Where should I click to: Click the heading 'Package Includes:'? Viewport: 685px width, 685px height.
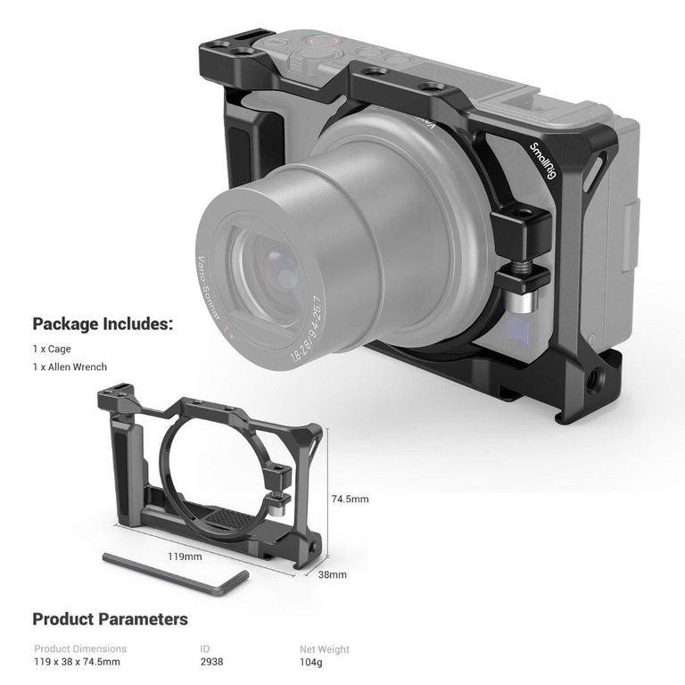click(x=103, y=324)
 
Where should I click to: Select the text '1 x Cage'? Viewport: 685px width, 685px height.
click(x=52, y=349)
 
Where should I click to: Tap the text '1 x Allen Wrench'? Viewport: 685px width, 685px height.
click(x=70, y=367)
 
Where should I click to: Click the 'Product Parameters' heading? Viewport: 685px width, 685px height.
click(x=110, y=619)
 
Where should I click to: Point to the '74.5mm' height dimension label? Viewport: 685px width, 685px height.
click(x=350, y=499)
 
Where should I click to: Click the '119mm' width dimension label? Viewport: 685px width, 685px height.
click(x=185, y=557)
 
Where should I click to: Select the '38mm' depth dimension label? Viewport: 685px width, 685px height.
click(x=333, y=574)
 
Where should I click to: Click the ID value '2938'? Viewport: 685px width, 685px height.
click(x=212, y=662)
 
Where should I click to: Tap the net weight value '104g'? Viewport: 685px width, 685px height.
click(x=311, y=663)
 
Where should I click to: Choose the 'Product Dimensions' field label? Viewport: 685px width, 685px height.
click(x=80, y=648)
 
